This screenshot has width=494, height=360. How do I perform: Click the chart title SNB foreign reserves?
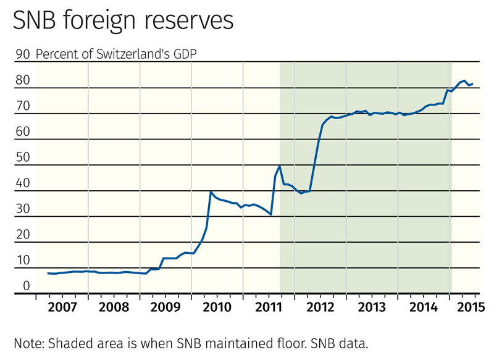(124, 21)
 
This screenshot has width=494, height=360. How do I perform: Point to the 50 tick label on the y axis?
(23, 157)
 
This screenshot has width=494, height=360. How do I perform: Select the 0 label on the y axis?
(27, 286)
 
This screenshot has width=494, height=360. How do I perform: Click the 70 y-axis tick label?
(23, 106)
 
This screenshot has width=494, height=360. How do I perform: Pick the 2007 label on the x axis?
(62, 307)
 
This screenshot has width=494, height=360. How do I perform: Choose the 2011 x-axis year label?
(268, 307)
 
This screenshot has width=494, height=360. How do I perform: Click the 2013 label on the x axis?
(371, 307)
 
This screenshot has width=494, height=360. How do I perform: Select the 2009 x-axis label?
(165, 307)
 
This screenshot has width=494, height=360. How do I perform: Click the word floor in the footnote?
(290, 342)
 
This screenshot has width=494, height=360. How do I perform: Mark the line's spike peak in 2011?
(280, 165)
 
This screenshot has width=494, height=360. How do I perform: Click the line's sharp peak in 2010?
(211, 191)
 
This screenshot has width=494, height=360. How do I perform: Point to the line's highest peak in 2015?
(464, 81)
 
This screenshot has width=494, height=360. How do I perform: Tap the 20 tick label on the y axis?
(23, 235)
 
